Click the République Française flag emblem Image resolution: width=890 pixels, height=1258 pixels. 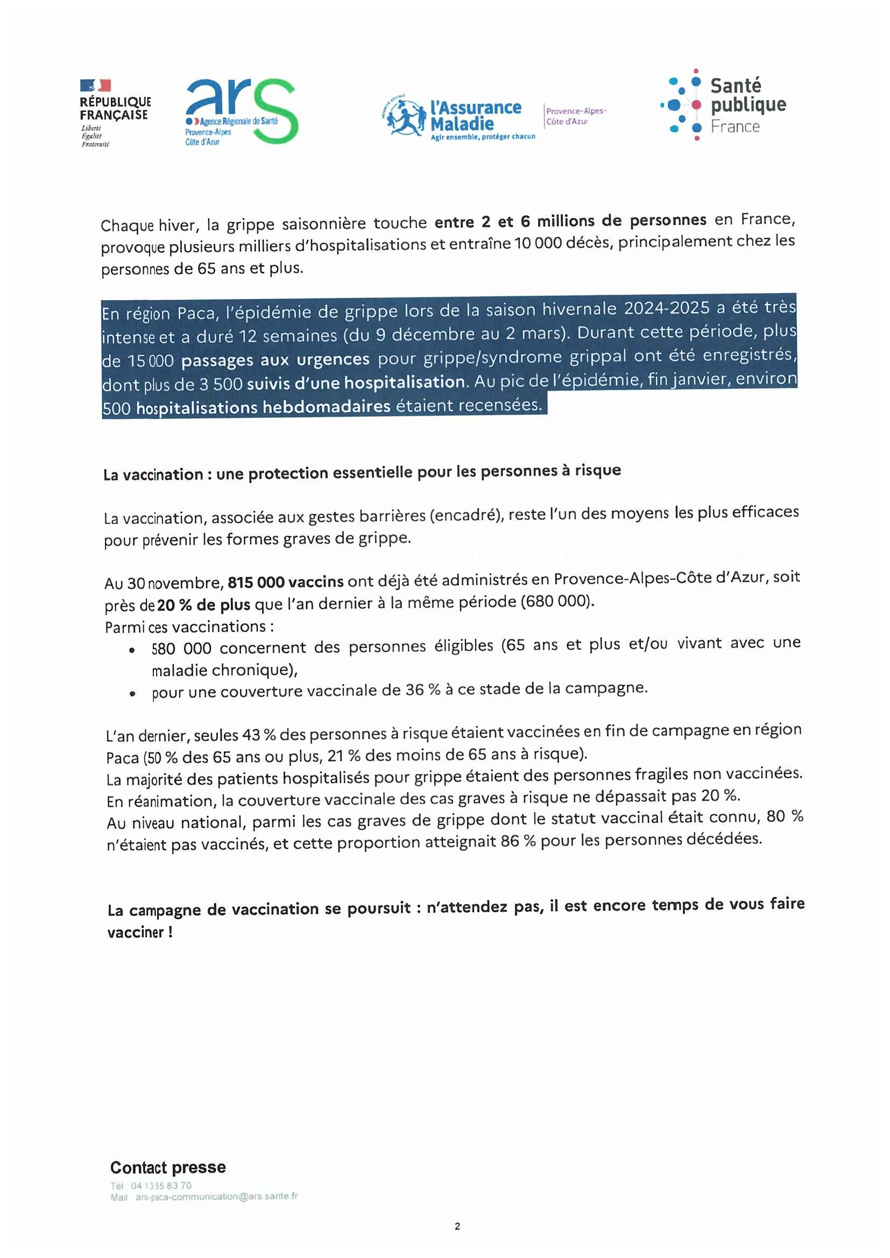(x=95, y=86)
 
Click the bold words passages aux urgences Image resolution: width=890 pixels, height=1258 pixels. (x=275, y=360)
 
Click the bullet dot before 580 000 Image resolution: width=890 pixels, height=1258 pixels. (x=132, y=650)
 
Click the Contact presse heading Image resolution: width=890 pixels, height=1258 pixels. (x=168, y=1167)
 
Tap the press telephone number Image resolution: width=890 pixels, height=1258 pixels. (x=161, y=1186)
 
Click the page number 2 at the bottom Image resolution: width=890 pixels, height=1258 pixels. (x=457, y=1227)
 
